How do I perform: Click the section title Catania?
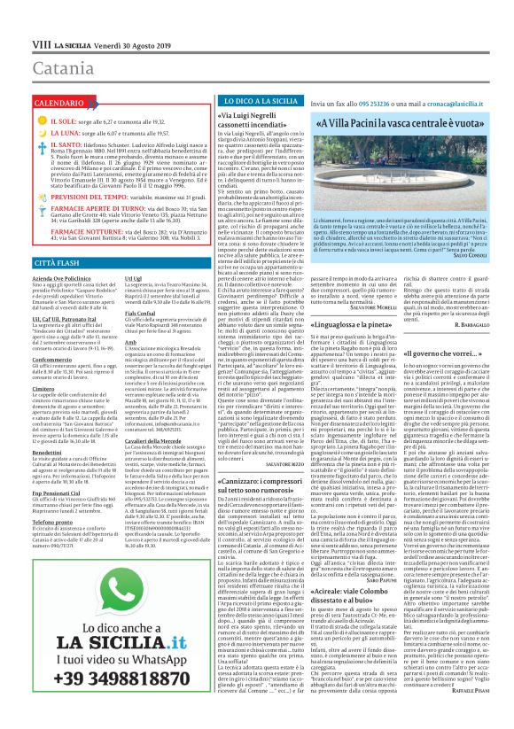point(62,66)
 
